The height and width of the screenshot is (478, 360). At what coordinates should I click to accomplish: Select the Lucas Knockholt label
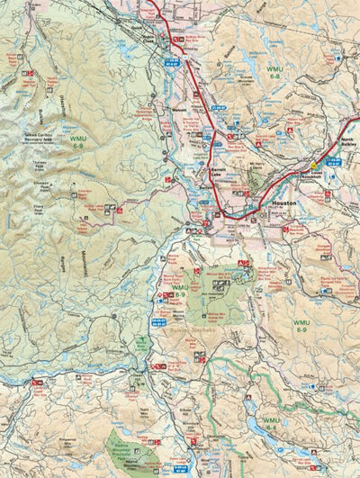[x=312, y=177]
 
